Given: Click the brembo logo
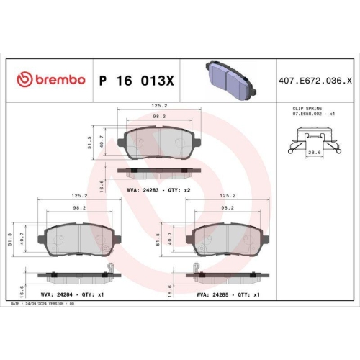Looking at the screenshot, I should [x=50, y=78].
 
